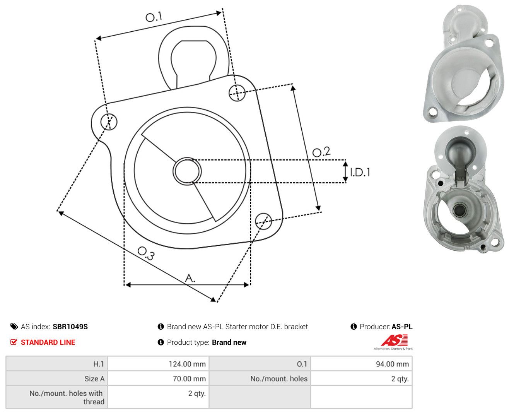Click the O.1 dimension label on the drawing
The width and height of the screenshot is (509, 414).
154,17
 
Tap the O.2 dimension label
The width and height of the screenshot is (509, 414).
321,152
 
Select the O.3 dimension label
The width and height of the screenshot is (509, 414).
146,253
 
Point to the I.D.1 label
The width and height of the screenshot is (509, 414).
360,172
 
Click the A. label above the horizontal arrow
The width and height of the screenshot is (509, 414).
190,278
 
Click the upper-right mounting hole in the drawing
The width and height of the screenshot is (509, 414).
237,93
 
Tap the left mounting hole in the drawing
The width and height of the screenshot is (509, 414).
109,121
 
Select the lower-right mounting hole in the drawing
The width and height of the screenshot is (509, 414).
263,221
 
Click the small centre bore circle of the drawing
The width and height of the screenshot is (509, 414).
187,171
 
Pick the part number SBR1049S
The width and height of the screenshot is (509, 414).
70,327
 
